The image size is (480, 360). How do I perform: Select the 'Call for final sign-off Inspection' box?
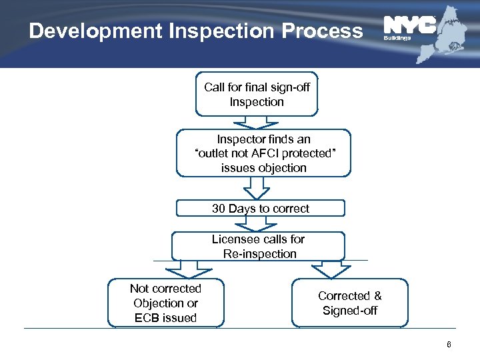tap(257, 95)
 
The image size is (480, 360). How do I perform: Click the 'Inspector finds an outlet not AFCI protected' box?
tap(263, 153)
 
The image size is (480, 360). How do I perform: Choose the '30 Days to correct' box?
tap(261, 209)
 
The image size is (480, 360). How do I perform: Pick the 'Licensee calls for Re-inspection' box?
tap(258, 246)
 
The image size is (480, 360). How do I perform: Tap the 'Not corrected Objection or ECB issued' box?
tap(167, 303)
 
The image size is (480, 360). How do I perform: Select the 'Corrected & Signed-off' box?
tap(350, 303)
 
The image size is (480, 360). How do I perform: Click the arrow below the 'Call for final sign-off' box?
tap(257, 123)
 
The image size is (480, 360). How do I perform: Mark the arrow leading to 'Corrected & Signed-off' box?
tap(331, 269)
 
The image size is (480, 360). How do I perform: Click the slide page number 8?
tap(449, 345)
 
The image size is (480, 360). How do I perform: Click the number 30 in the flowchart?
tap(219, 209)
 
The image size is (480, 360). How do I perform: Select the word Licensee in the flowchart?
tap(232, 239)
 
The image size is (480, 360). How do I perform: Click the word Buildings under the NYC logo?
tap(397, 39)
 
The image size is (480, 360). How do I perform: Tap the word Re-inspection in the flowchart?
tap(260, 253)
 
